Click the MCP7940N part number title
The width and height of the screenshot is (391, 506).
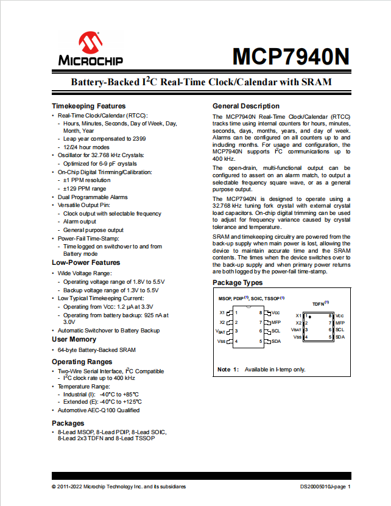tap(291, 57)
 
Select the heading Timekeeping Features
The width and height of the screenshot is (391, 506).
tap(89, 106)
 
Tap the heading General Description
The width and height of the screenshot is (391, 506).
tap(246, 106)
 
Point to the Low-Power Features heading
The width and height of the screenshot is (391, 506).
tap(86, 262)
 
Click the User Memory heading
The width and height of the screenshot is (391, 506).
tap(74, 339)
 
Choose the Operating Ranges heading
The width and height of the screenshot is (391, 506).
tap(81, 362)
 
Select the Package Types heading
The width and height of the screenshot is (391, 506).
tap(238, 283)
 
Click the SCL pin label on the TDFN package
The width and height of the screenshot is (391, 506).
tap(340, 329)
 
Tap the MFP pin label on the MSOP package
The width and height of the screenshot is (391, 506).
tap(276, 322)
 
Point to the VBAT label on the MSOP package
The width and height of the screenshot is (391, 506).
tap(220, 331)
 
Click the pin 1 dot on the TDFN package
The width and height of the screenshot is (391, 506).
tap(310, 317)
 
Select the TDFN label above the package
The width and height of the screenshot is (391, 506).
tap(319, 303)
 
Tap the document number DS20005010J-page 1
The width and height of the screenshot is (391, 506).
tap(325, 487)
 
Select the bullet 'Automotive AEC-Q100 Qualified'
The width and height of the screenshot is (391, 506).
tap(99, 410)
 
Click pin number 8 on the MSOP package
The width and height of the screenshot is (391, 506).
tap(261, 312)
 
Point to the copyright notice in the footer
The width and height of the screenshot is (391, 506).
tap(119, 487)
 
